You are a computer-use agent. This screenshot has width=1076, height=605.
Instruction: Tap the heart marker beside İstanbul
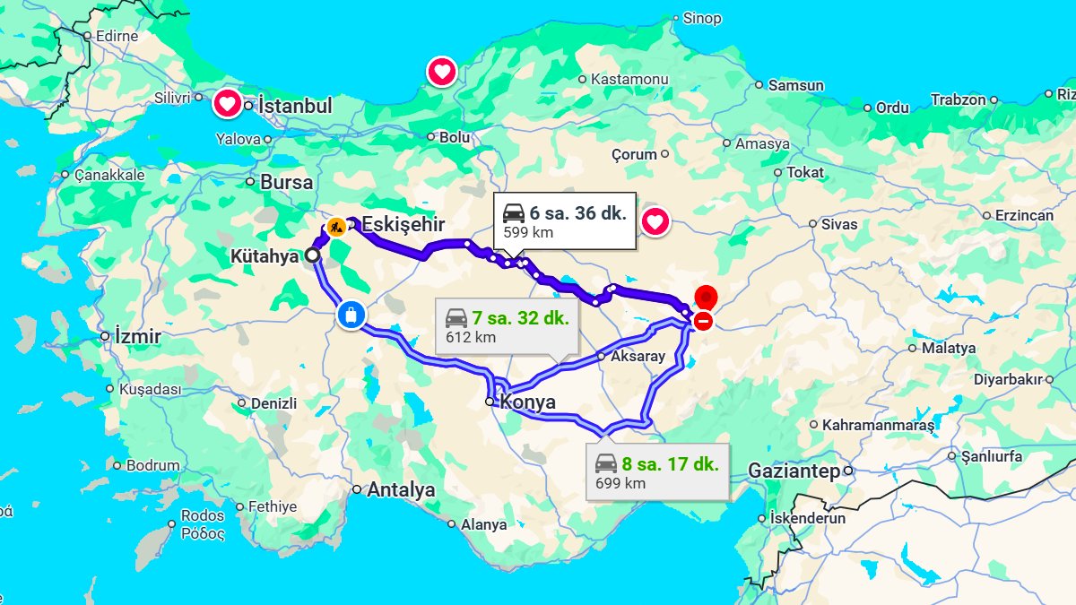(x=228, y=105)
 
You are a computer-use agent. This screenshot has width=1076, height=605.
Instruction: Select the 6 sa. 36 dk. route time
(x=577, y=213)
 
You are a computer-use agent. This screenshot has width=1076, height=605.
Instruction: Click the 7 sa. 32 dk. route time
(x=519, y=317)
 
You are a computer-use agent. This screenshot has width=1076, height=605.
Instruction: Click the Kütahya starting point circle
(x=312, y=255)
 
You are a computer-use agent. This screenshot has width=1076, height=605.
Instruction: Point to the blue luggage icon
(x=351, y=315)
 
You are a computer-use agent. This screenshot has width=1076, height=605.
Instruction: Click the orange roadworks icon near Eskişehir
(x=336, y=227)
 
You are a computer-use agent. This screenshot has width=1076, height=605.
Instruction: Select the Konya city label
(x=527, y=402)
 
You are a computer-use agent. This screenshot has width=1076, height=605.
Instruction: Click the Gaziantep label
(x=794, y=471)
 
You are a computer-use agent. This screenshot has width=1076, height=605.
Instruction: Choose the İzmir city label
(x=138, y=337)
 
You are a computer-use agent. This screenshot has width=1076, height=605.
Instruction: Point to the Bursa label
(x=286, y=182)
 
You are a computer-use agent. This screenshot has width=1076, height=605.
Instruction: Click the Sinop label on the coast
(x=701, y=18)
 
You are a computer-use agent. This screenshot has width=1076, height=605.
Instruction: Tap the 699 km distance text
(x=620, y=484)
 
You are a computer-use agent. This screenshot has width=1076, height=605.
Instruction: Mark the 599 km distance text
(x=528, y=233)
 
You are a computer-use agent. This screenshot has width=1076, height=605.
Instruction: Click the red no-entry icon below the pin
(x=704, y=320)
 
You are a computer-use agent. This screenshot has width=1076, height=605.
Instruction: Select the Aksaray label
(x=638, y=356)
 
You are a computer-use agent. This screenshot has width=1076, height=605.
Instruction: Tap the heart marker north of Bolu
(x=442, y=72)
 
